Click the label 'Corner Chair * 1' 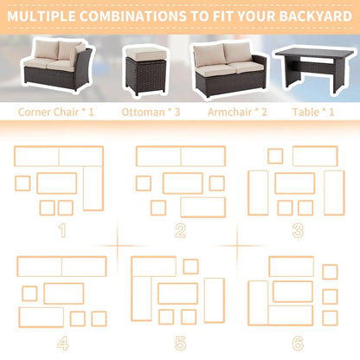click(x=57, y=112)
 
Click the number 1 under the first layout click(x=61, y=230)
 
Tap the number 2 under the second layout click(x=180, y=230)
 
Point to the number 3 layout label click(x=298, y=230)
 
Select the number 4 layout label click(x=62, y=344)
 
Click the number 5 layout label click(x=179, y=344)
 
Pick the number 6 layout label click(x=298, y=344)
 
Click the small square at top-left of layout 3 click(x=275, y=156)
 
